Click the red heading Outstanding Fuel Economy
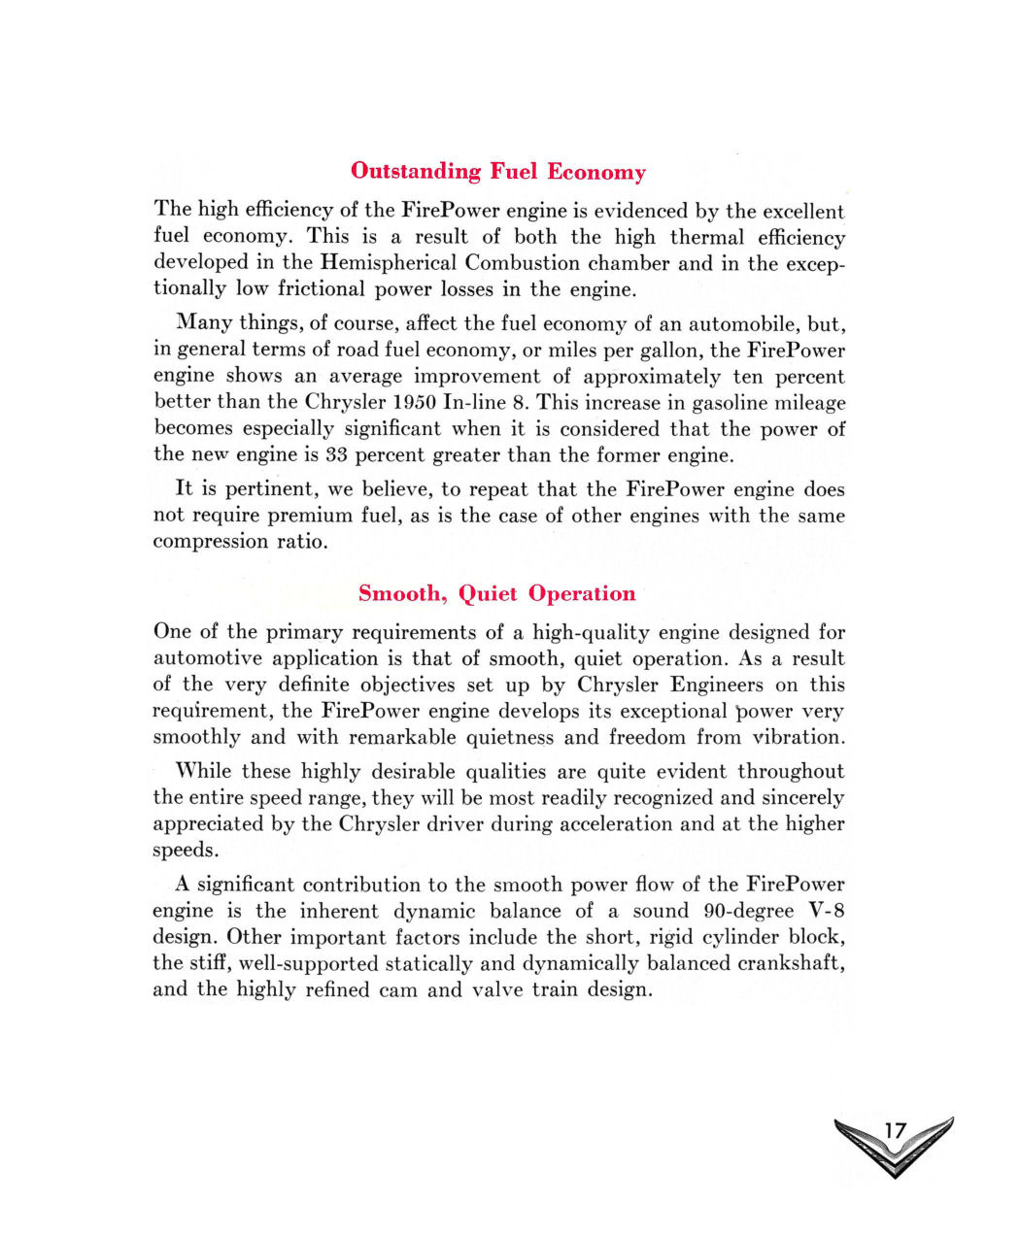tap(497, 172)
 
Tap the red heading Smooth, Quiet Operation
tap(496, 593)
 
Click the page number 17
tap(895, 1131)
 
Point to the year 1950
tap(407, 403)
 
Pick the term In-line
tap(473, 403)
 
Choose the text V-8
tap(827, 912)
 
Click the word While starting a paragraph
tap(203, 772)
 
